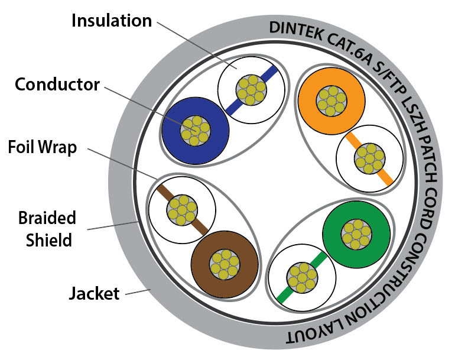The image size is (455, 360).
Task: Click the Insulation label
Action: point(111,21)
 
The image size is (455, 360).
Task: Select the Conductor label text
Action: point(57,85)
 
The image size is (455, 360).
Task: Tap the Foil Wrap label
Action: point(42,147)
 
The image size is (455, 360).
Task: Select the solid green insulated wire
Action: point(357,233)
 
